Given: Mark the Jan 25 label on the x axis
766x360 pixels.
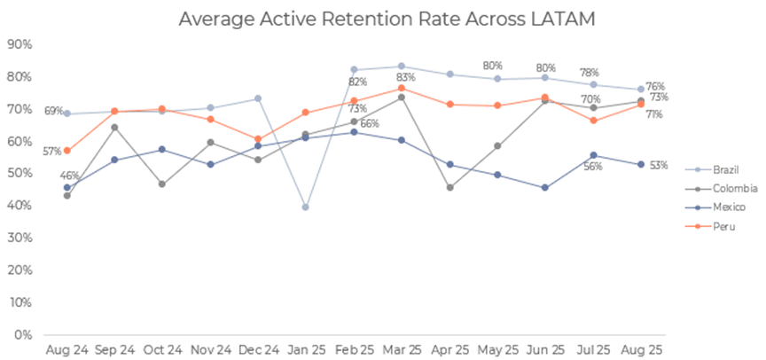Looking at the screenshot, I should point(305,352).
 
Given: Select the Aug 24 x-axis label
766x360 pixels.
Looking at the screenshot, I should point(66,352).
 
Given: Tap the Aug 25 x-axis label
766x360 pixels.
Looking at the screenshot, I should point(638,352).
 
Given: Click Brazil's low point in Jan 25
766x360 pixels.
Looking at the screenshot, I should point(305,207).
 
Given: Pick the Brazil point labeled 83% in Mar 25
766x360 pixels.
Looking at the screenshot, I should point(402,67).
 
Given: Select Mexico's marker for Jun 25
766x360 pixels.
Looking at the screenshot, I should point(544,188).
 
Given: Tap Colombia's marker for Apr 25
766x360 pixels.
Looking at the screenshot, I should point(449,187).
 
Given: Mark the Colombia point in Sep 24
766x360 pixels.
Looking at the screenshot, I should point(114,127).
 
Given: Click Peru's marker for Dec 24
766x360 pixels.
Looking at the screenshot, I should point(258,139).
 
